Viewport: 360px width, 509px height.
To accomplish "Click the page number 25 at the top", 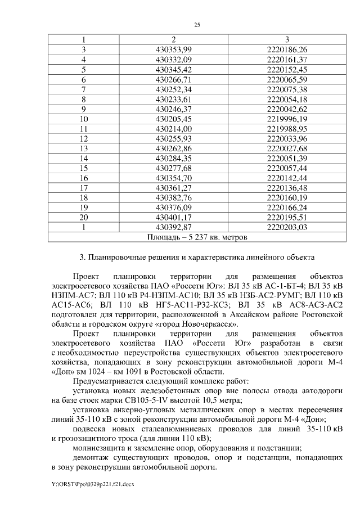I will pyautogui.click(x=197, y=25).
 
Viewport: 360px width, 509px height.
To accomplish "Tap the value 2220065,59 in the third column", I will pyautogui.click(x=287, y=79).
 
